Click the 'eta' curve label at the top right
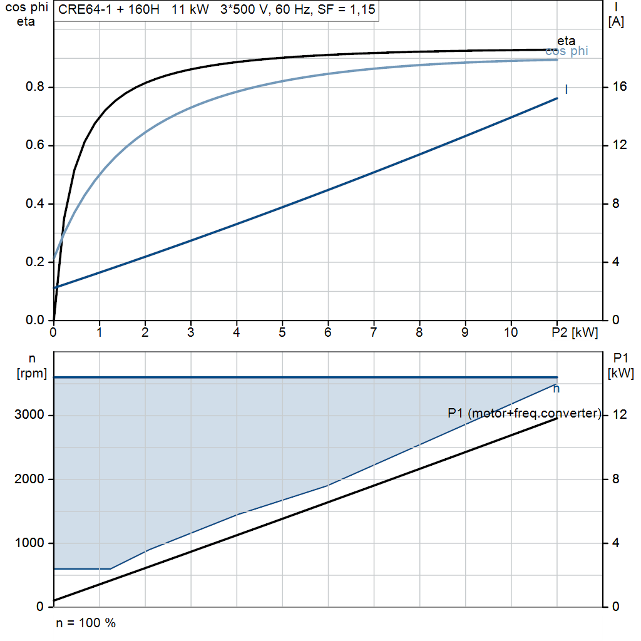tap(566, 41)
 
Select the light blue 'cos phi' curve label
tap(567, 51)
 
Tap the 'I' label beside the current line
tap(566, 89)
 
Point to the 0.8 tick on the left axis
tap(35, 86)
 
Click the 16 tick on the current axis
tap(620, 86)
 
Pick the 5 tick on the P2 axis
tap(282, 332)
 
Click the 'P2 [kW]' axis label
tap(575, 332)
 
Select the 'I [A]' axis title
tap(616, 15)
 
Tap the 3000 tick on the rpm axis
tap(29, 414)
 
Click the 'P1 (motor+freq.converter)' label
tap(525, 413)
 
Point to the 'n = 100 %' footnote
tap(86, 623)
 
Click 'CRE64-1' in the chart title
tap(85, 9)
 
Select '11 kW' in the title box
tap(190, 9)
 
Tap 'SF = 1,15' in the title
tap(346, 9)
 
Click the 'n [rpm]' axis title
tap(32, 366)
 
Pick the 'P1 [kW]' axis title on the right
tap(620, 366)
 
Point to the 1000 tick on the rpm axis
tap(29, 543)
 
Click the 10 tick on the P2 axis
tap(511, 332)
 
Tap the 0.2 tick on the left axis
tap(35, 262)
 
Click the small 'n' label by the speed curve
tap(556, 389)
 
